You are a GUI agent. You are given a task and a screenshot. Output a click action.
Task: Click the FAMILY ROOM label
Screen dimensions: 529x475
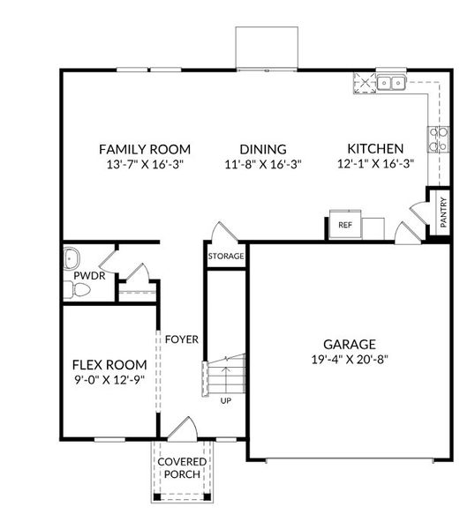[144, 149]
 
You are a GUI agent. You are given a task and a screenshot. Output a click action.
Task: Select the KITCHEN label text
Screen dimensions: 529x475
[375, 149]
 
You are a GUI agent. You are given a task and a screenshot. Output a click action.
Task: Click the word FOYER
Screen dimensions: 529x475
[182, 339]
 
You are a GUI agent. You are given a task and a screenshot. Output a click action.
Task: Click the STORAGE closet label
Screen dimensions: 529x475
[226, 257]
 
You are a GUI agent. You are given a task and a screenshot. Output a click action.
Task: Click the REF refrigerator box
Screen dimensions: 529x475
[344, 225]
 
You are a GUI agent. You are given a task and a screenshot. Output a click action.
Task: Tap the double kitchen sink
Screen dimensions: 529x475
[390, 84]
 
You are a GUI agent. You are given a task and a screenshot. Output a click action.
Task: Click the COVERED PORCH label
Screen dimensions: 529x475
[182, 467]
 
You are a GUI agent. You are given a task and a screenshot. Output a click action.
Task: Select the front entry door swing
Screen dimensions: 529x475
[184, 429]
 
